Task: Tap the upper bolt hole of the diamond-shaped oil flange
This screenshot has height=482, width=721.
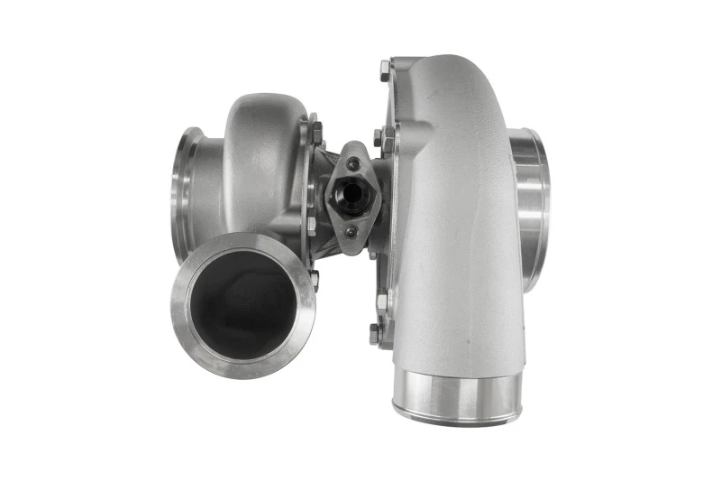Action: coord(352,163)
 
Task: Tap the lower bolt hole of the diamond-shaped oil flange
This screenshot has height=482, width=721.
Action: coord(351,231)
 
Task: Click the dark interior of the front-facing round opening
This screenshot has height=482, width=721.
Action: coord(244,303)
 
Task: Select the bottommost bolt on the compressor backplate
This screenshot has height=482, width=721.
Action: coord(374,334)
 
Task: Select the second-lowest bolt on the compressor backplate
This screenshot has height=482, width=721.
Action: coord(381,301)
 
